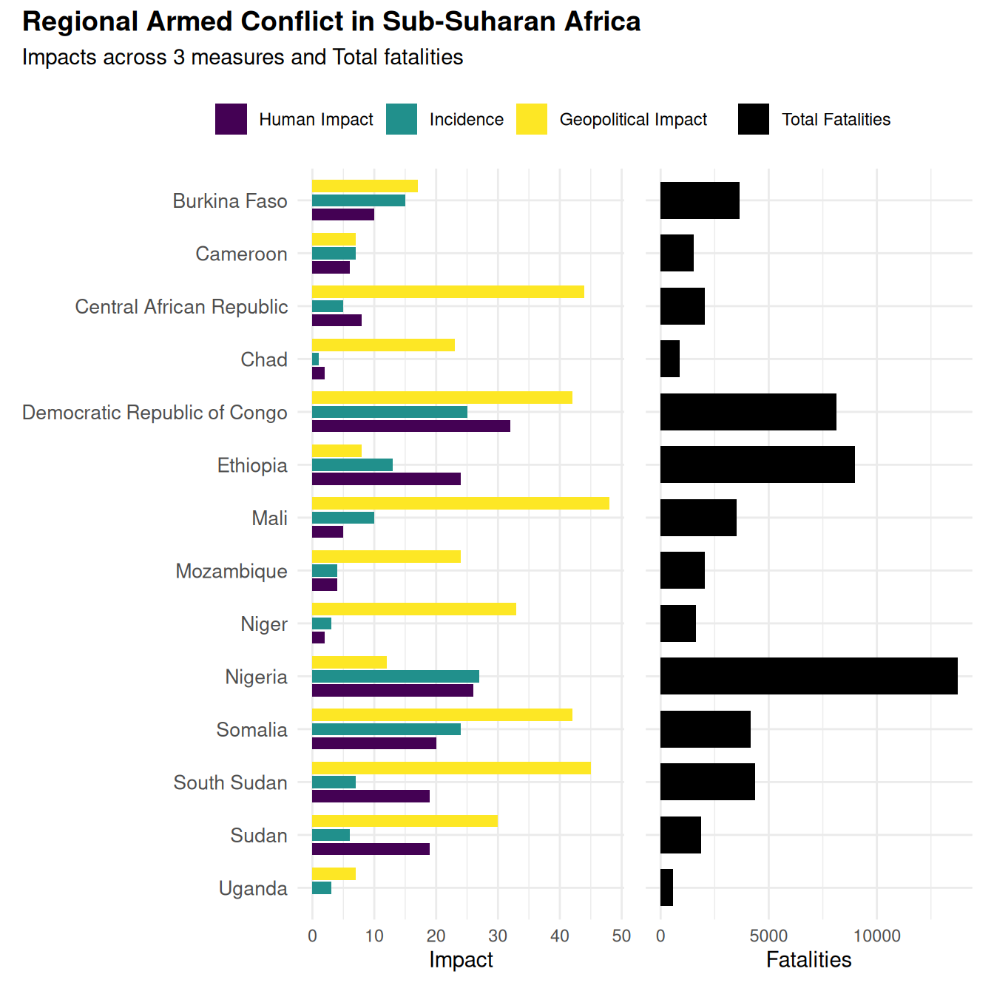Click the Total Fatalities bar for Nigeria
click(808, 676)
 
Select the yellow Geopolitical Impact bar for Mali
click(460, 504)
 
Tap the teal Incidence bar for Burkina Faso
click(359, 200)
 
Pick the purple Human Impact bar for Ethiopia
click(386, 479)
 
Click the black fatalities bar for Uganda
click(666, 887)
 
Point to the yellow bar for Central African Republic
click(447, 292)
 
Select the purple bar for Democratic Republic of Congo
click(410, 426)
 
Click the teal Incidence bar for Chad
click(316, 359)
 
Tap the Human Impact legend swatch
click(231, 119)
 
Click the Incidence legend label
click(466, 120)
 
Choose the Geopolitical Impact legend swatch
click(531, 119)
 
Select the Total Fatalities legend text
click(836, 120)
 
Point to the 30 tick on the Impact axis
click(498, 936)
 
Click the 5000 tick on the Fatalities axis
click(768, 936)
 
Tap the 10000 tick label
click(876, 936)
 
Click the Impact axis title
click(461, 960)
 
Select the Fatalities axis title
click(808, 960)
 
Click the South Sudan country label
click(230, 782)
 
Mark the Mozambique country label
click(231, 571)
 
